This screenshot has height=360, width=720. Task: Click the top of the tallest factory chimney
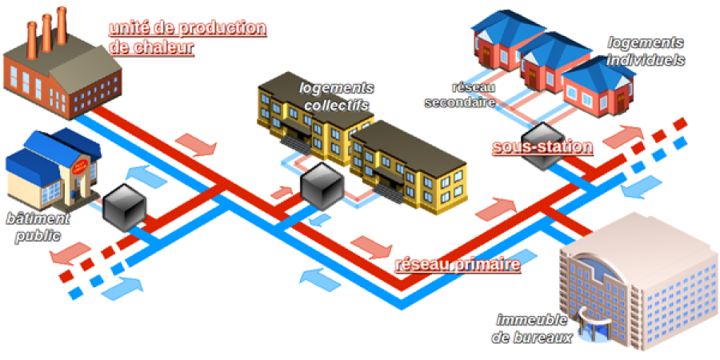point(61,9)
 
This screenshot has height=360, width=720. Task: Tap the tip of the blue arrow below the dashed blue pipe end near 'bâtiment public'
point(142,288)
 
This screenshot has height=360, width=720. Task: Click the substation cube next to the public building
point(124,207)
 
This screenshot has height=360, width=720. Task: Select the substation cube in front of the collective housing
point(322,186)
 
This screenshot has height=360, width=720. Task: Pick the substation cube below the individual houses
point(542,146)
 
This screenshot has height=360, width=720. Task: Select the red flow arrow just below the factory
point(196,145)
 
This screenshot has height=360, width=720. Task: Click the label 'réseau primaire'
point(458,265)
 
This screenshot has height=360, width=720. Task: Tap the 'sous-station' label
point(542,147)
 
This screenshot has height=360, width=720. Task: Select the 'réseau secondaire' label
point(461,95)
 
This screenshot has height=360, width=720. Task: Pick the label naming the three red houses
point(646,51)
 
